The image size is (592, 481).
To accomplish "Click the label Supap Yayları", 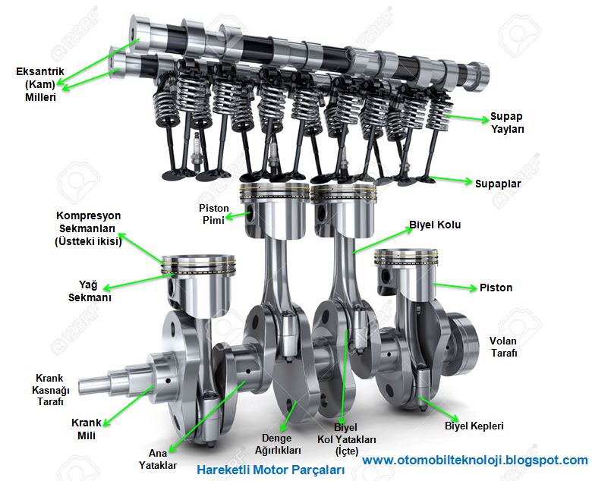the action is (507, 123).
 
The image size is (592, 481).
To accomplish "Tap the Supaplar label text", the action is (498, 184).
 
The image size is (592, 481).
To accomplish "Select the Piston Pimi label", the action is (214, 214).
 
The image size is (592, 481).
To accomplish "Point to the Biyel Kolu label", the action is (435, 225).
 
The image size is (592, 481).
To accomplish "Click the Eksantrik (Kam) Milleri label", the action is (40, 84).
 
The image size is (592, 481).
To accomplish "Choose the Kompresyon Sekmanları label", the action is (88, 228).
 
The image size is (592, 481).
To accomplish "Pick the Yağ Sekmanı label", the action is (90, 291).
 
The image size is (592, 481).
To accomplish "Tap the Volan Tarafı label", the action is (503, 347).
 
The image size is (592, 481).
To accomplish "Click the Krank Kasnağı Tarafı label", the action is (50, 390).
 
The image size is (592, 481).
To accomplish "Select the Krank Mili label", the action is (87, 429).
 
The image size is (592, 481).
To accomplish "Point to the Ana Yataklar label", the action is (157, 459).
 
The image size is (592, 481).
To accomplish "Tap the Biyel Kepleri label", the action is (474, 426).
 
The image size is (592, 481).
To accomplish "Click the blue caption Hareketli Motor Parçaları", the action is (271, 470).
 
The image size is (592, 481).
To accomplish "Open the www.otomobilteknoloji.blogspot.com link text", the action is (475, 461).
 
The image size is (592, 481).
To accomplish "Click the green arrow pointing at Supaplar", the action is (451, 180).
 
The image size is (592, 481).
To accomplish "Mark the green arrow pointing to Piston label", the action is (455, 286).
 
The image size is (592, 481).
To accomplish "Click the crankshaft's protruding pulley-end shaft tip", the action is (80, 385).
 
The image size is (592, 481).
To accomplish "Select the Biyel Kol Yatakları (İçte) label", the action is (346, 439).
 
